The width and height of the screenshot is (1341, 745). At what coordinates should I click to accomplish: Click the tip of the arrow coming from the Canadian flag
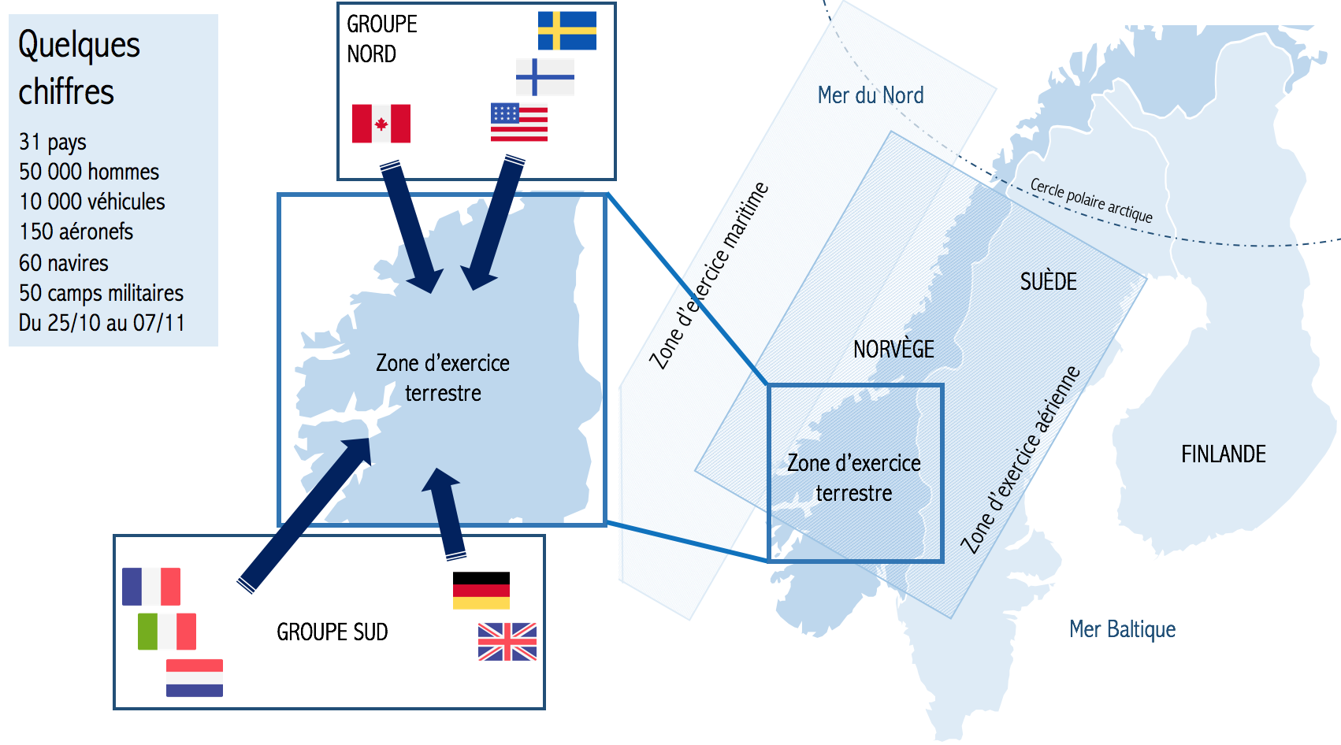coord(430,293)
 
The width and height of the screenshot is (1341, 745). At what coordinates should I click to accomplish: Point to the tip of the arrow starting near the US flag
coord(474,291)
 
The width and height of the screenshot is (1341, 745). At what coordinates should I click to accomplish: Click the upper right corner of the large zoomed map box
coord(607,195)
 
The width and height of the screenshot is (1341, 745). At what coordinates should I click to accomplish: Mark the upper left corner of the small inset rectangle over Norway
coord(769,385)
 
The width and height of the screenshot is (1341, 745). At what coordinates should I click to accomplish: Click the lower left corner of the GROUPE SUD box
coord(115,709)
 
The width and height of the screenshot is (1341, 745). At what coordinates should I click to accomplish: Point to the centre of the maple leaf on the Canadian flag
coord(381,124)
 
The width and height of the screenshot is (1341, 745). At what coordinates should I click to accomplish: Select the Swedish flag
coord(567,31)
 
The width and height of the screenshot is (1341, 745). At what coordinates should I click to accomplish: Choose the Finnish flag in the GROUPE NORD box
coord(545,77)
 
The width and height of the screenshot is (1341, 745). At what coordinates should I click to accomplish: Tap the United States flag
coord(519,122)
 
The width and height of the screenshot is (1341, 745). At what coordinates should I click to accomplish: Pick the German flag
coord(481,591)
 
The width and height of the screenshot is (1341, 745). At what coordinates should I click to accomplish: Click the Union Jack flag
coord(507,642)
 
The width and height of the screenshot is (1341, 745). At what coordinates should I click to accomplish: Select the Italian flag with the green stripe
coord(167,632)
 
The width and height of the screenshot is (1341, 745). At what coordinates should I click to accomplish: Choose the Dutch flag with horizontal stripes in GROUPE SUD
coord(195,678)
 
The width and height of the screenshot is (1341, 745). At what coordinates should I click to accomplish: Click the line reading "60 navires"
coord(64,263)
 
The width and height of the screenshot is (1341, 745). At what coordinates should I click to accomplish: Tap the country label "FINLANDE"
coord(1224,454)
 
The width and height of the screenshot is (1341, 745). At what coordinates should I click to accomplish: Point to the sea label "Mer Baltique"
coord(1123,629)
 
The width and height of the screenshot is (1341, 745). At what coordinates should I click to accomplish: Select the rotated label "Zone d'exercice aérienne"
coord(1020,460)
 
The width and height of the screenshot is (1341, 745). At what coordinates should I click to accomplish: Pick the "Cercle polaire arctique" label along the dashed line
coord(1091,200)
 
